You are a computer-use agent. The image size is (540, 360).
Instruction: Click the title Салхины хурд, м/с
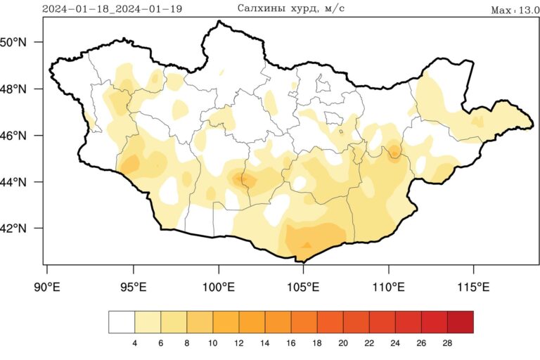(x=290, y=8)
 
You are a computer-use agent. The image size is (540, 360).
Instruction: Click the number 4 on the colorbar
(x=134, y=343)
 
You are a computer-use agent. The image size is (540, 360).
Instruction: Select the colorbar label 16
(x=291, y=343)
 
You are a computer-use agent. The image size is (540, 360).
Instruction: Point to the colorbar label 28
(x=447, y=343)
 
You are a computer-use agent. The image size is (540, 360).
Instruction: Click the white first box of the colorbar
(x=122, y=322)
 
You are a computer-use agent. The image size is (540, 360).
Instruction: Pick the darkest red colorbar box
(x=461, y=322)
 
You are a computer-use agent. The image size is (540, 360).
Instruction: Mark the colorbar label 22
(x=369, y=343)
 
